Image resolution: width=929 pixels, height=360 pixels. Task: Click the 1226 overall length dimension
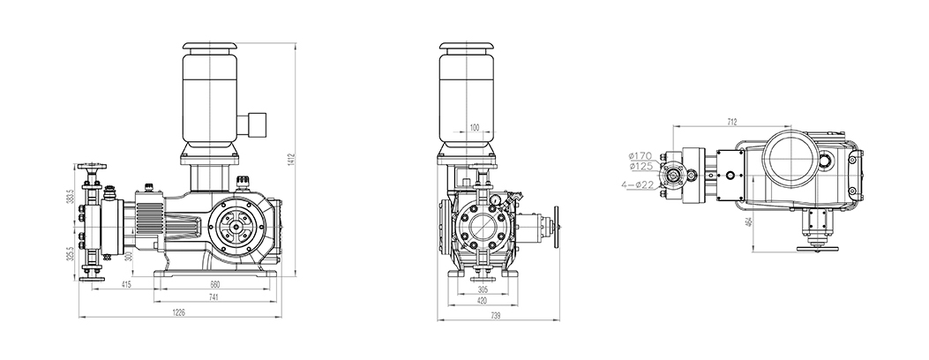(x=178, y=312)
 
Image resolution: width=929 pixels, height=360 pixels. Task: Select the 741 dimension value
(x=214, y=297)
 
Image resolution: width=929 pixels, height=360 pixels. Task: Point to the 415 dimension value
(x=126, y=285)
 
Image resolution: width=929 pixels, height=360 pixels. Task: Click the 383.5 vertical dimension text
(x=71, y=197)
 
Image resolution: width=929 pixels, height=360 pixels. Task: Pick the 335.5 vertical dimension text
(x=71, y=253)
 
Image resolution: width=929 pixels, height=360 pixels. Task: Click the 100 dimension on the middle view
(x=474, y=127)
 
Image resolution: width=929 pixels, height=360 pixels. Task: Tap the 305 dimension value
(x=483, y=290)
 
